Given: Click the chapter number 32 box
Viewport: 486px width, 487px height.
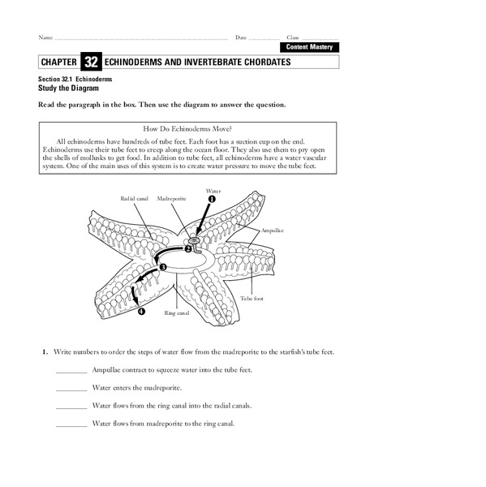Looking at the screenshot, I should [92, 62].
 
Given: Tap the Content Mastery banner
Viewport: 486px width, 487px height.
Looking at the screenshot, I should [308, 48].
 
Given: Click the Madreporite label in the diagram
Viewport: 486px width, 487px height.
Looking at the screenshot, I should [172, 197].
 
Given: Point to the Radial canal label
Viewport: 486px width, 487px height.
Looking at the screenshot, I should [134, 197].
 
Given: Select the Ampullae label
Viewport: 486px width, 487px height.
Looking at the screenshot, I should [273, 230].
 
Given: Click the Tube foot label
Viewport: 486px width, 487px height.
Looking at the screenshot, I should [252, 299].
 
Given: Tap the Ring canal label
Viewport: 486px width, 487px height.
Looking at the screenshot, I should [176, 312].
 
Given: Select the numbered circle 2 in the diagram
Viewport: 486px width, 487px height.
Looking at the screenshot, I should [187, 249].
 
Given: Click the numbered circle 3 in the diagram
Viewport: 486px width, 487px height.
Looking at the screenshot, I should [163, 267].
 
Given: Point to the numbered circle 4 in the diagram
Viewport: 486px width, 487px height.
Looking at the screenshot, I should [141, 311].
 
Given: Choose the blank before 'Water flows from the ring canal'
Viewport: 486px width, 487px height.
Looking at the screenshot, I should [71, 406].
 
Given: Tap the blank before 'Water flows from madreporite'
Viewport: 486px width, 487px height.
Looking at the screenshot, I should [71, 424].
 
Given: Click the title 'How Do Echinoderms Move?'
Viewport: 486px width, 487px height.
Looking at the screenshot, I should [187, 129].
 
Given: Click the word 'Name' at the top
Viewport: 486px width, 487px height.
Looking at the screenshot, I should [45, 37].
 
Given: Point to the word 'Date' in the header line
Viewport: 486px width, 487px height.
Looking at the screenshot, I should [241, 37].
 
